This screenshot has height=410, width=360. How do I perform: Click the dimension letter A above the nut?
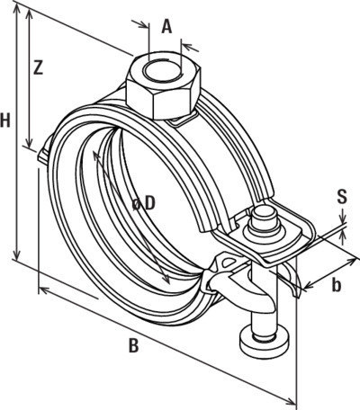point(166,27)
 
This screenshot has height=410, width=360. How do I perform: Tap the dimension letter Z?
point(38,67)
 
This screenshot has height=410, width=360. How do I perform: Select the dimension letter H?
point(5,121)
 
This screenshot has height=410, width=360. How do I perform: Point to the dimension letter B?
point(133,345)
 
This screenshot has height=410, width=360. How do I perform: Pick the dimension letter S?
point(342,197)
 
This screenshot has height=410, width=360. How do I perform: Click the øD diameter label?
point(144,204)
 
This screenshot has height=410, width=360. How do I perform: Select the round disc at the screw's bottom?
point(265,343)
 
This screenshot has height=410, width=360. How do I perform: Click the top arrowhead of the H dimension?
point(17,9)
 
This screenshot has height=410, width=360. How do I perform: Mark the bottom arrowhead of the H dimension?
point(17,254)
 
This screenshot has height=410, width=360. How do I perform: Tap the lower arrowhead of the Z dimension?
point(29,142)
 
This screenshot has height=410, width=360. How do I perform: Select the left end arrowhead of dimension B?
point(44,290)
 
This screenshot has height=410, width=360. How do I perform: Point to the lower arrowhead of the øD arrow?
point(166,279)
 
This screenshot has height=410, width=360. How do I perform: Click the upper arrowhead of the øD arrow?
point(96,156)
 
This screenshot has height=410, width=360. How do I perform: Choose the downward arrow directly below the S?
point(344,217)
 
